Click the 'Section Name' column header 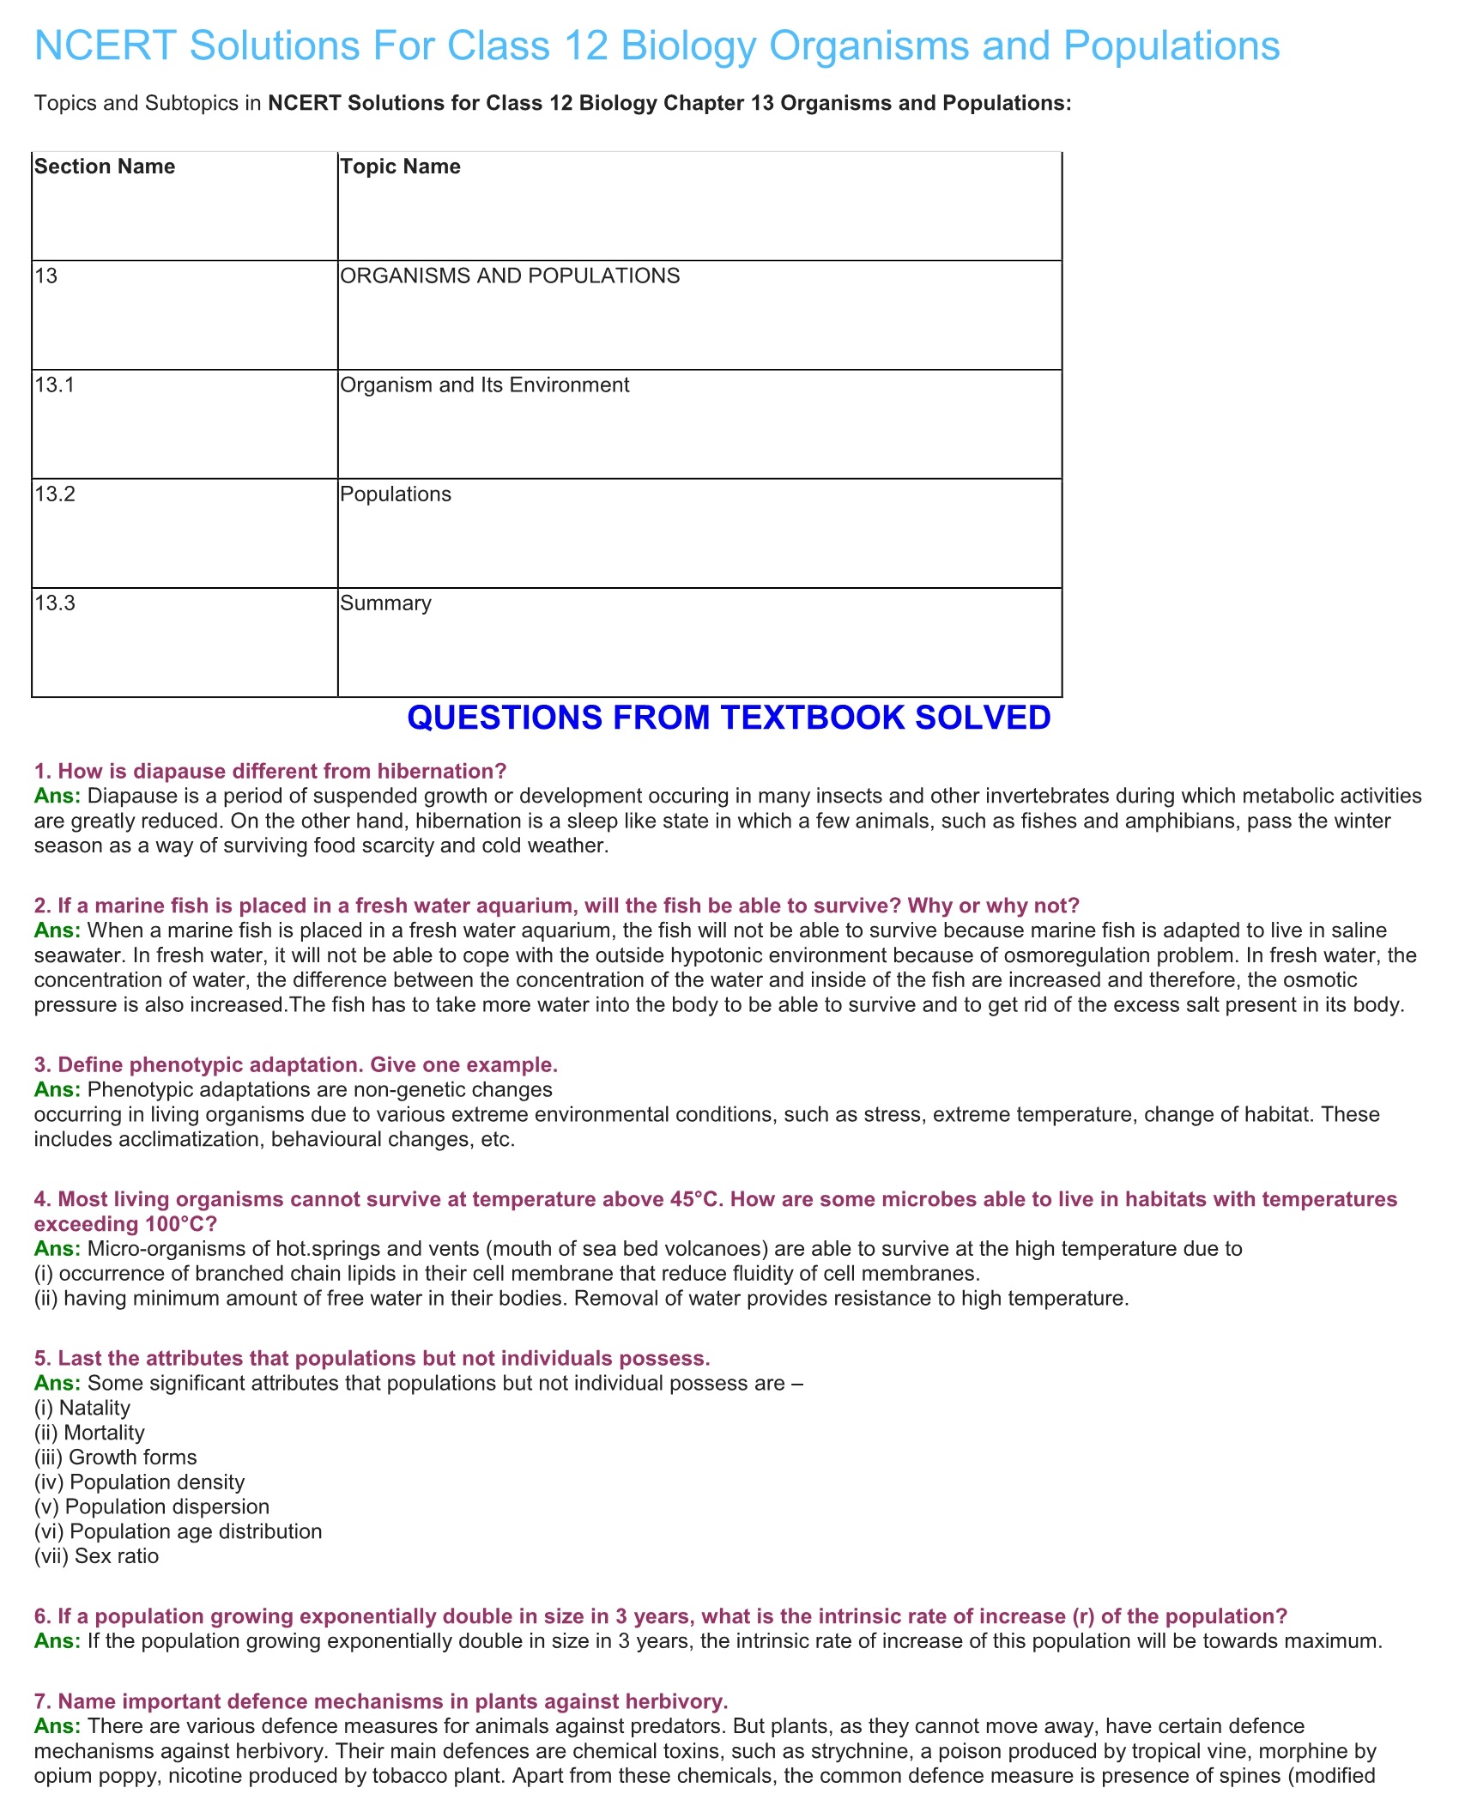click(105, 167)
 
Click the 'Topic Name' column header click(400, 167)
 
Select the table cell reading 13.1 click(55, 385)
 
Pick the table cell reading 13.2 click(55, 494)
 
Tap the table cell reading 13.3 click(55, 603)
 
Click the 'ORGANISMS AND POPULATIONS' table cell click(510, 276)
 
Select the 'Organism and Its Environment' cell click(484, 385)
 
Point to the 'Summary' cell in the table click(385, 603)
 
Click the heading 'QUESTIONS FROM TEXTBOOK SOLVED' click(729, 718)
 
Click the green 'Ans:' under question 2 click(58, 930)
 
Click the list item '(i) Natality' click(82, 1408)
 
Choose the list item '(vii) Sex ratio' click(96, 1556)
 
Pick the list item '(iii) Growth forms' click(115, 1458)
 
